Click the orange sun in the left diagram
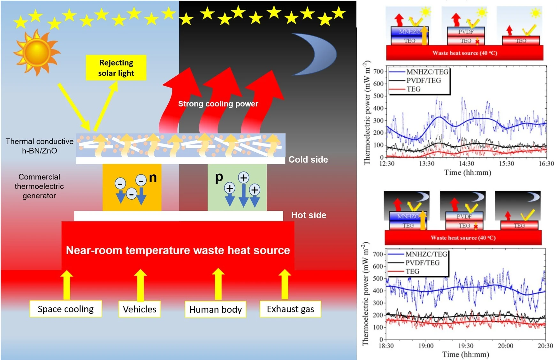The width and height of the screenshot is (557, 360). click(x=36, y=53)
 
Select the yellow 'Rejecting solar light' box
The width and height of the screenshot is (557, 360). click(x=116, y=68)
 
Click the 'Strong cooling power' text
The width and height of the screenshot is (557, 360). click(x=218, y=104)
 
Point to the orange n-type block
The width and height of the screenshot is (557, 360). click(x=132, y=187)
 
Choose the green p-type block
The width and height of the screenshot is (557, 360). click(x=237, y=187)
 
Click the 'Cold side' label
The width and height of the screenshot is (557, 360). click(x=308, y=159)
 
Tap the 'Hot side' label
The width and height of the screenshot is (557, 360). click(x=309, y=215)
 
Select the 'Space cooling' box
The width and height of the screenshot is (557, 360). click(x=66, y=309)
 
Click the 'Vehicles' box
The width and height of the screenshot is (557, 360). click(x=140, y=309)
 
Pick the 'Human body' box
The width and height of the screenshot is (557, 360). click(x=216, y=309)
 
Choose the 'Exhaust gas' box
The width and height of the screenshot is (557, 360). click(x=290, y=309)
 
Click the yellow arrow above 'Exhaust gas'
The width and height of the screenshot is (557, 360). click(x=285, y=284)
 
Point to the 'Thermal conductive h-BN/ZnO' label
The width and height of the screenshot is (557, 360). click(x=40, y=146)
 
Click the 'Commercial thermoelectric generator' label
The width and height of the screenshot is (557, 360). click(x=39, y=186)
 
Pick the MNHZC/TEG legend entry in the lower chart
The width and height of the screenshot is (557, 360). click(x=417, y=254)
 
